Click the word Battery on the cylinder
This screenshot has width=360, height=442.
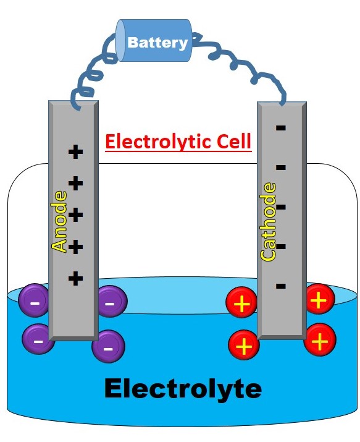pyautogui.click(x=157, y=43)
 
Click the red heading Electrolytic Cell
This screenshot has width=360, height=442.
pyautogui.click(x=178, y=142)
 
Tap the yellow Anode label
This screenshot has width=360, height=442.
pyautogui.click(x=59, y=221)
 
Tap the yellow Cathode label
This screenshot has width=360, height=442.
pyautogui.click(x=269, y=221)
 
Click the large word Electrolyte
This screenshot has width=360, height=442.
pyautogui.click(x=183, y=389)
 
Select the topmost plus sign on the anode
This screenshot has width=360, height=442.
pyautogui.click(x=75, y=151)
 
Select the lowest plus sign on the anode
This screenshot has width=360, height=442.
pyautogui.click(x=75, y=278)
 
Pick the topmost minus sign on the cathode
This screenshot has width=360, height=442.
pyautogui.click(x=281, y=128)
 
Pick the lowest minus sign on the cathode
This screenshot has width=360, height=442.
pyautogui.click(x=281, y=286)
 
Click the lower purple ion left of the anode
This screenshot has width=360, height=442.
pyautogui.click(x=38, y=339)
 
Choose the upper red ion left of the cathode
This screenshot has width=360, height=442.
pyautogui.click(x=243, y=304)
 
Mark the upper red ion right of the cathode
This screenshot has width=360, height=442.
pyautogui.click(x=319, y=300)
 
